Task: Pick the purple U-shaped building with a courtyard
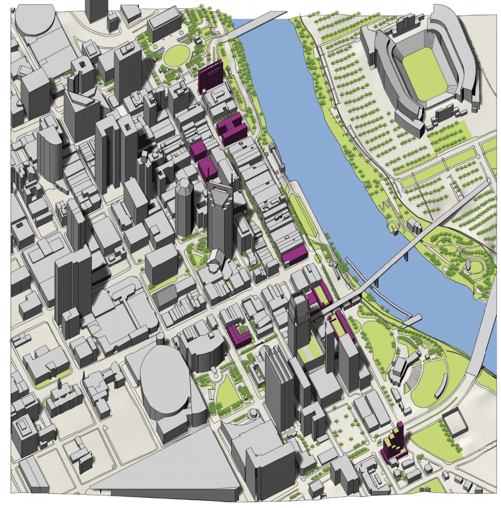(x=232, y=128)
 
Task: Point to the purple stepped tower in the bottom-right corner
(x=394, y=443)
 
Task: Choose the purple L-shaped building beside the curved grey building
(x=239, y=336)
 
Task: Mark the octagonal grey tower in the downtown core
(x=184, y=206)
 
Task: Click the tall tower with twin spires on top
(x=219, y=216)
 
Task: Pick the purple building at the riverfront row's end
(x=295, y=255)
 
